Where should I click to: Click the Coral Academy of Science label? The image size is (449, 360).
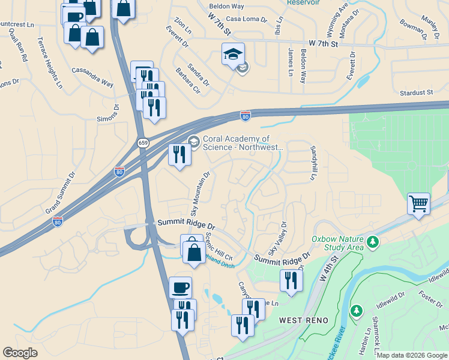pos(243,143)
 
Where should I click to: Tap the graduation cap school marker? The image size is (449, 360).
pos(233,55)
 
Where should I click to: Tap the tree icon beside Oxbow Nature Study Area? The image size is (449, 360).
pos(373,242)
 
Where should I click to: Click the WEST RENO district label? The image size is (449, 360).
pos(304,320)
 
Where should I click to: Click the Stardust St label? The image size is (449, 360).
pos(416,92)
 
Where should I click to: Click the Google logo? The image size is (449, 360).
pos(20,353)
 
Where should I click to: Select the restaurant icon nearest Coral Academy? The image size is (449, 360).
pos(179,154)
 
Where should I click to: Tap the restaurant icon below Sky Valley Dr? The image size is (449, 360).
pos(291,280)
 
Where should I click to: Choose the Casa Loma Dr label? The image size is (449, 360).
pos(246,19)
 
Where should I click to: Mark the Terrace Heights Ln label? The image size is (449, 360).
pos(50,62)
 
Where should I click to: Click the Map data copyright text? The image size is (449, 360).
pos(412,355)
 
